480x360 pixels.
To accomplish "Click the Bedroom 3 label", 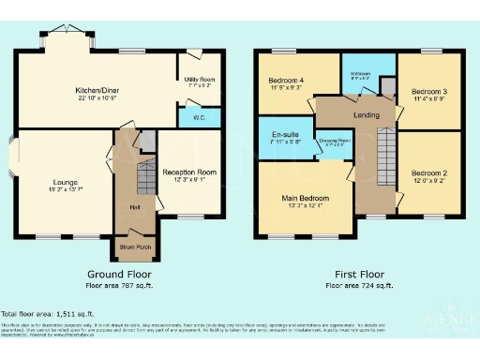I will (427, 91).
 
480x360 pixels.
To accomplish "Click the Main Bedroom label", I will (307, 199).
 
